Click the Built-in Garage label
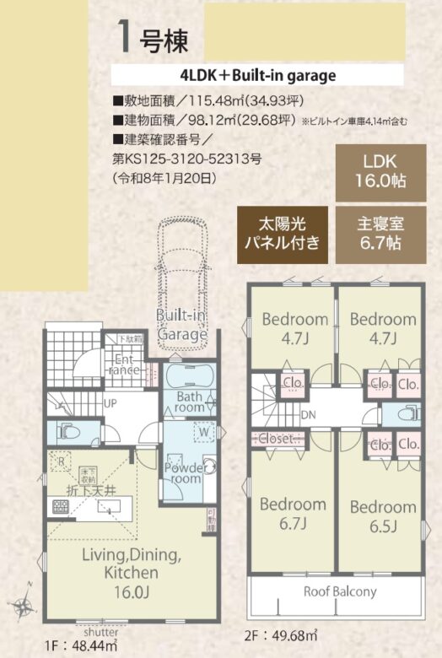coord(182,325)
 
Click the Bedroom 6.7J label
coord(293,512)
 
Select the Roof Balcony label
coord(340,591)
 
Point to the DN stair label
coord(309,415)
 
